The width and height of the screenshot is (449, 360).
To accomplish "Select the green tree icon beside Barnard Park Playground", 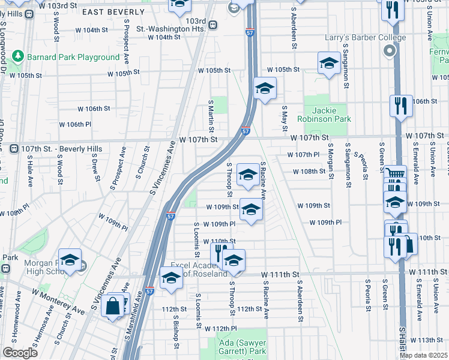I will [x=18, y=56].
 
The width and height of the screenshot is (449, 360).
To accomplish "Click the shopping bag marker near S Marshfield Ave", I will [x=113, y=306].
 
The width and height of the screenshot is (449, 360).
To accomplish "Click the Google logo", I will [x=20, y=353].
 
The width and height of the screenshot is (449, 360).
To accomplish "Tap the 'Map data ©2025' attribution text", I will [x=424, y=355].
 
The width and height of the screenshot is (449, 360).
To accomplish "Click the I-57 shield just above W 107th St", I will [x=246, y=131].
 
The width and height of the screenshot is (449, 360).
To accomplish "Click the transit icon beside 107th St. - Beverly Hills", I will [x=13, y=148].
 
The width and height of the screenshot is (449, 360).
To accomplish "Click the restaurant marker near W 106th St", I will [x=400, y=106].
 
